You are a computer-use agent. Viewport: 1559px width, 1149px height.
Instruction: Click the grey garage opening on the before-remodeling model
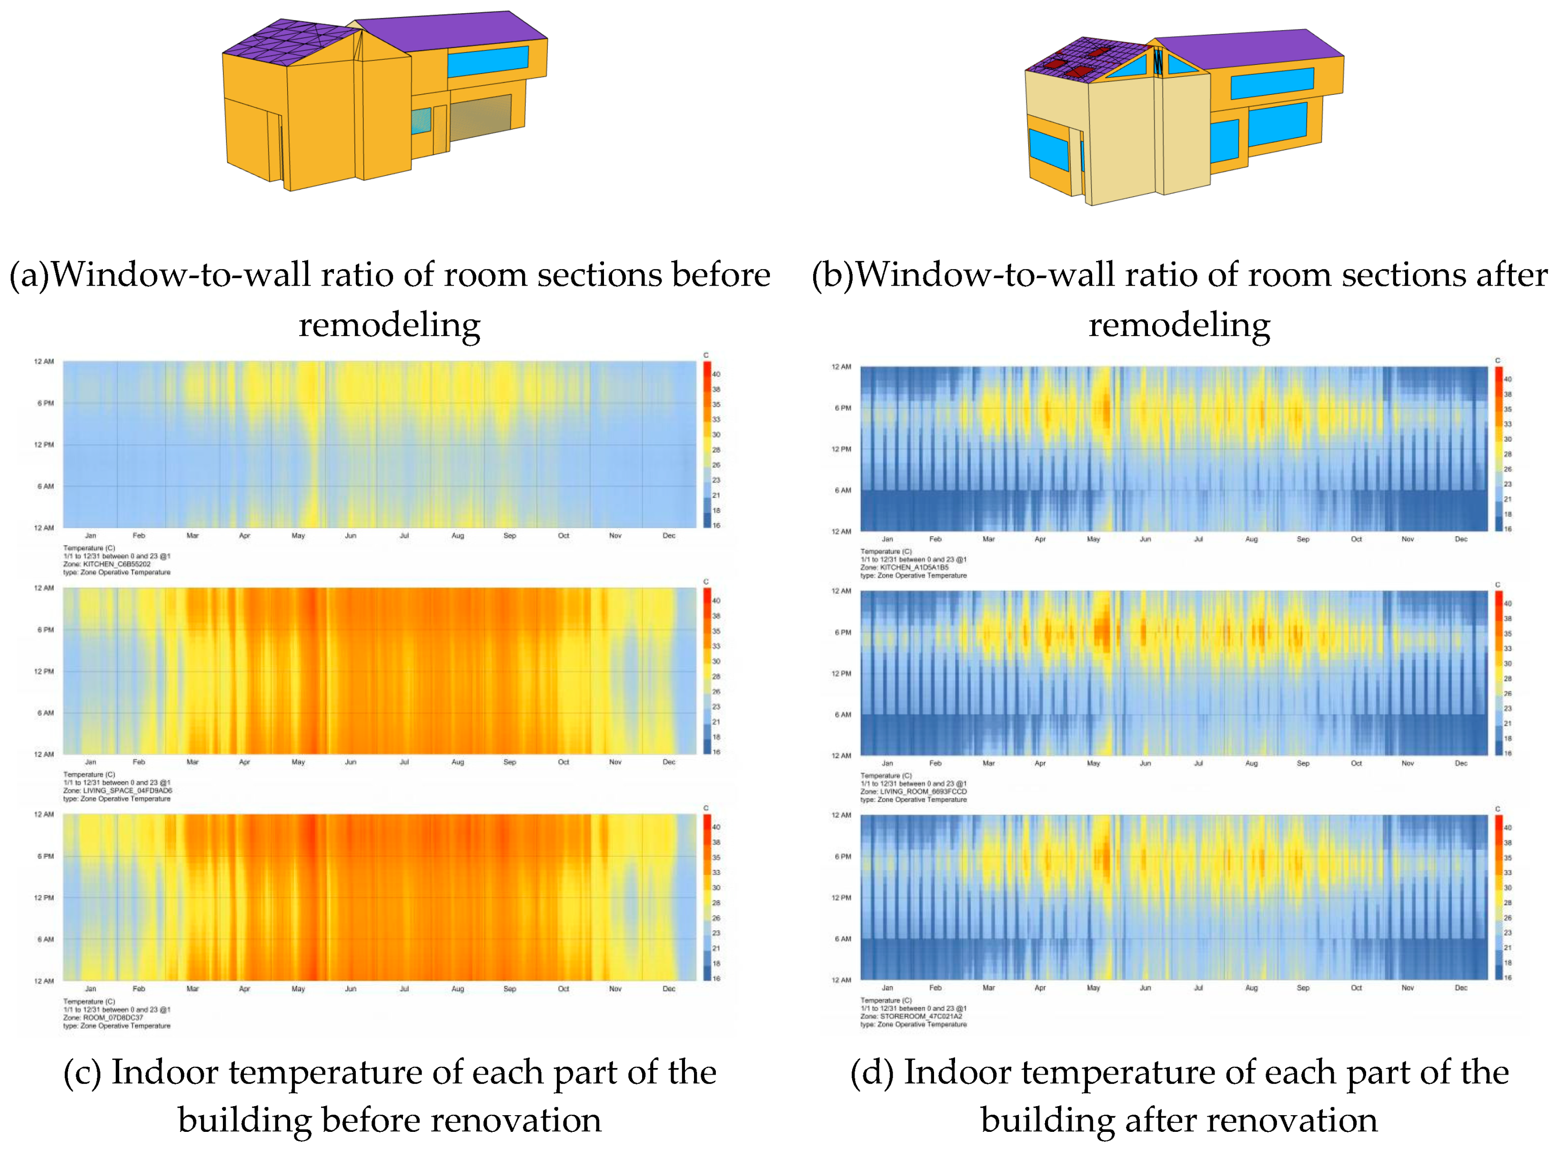pyautogui.click(x=480, y=116)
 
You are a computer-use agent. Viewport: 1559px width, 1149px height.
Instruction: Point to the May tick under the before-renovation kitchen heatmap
pyautogui.click(x=298, y=536)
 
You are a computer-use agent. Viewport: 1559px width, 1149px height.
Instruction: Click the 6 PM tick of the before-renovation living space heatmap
pyautogui.click(x=45, y=629)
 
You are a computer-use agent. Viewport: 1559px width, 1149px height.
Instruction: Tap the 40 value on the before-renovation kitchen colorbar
pyautogui.click(x=716, y=374)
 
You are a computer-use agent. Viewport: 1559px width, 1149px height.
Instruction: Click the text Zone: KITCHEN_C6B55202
pyautogui.click(x=106, y=564)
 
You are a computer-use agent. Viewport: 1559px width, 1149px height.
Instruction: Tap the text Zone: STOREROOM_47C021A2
pyautogui.click(x=911, y=1016)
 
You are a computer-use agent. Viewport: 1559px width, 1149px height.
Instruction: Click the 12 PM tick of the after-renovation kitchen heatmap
pyautogui.click(x=841, y=450)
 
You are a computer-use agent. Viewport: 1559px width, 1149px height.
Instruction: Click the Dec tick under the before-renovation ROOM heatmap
pyautogui.click(x=669, y=989)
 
